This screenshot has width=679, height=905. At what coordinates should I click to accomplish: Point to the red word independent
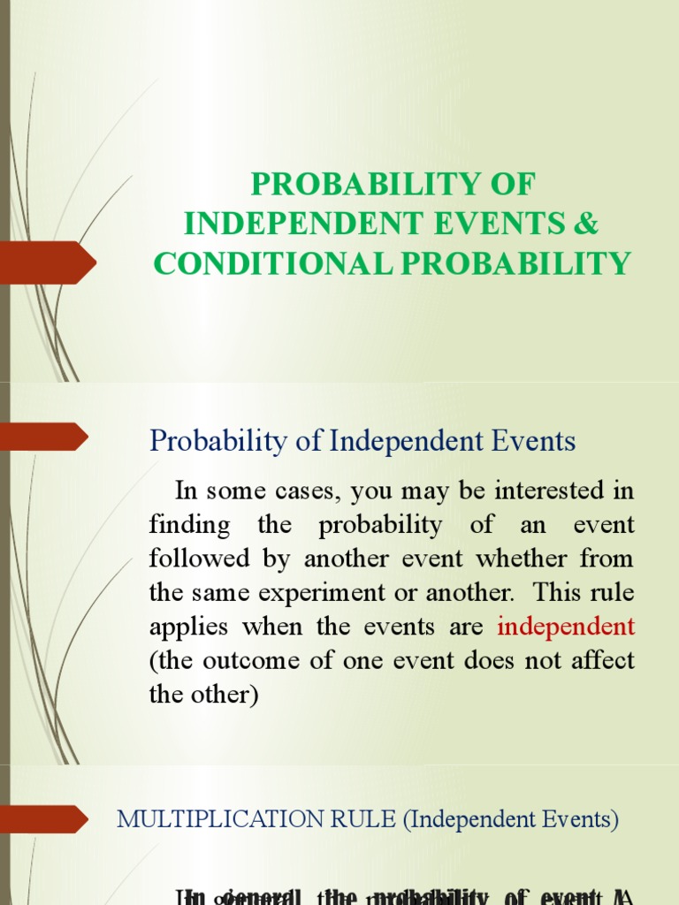click(566, 627)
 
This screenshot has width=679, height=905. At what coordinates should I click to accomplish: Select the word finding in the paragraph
click(189, 524)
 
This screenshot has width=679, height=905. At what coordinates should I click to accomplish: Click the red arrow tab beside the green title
click(49, 262)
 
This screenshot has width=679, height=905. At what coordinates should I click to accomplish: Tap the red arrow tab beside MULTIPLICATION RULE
click(44, 818)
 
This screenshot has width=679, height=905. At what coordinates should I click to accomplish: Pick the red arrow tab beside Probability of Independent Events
click(44, 436)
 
